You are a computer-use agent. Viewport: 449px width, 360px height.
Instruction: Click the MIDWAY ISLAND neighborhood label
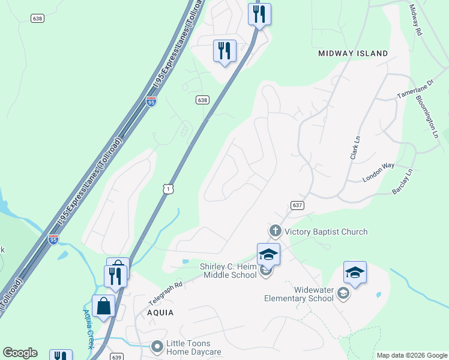click(x=353, y=53)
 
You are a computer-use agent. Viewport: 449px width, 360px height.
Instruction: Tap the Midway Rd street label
click(x=416, y=19)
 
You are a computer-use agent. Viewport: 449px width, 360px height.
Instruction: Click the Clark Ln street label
click(x=354, y=146)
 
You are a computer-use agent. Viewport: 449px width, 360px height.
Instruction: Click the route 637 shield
click(x=297, y=205)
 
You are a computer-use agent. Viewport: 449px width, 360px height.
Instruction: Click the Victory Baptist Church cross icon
click(x=275, y=230)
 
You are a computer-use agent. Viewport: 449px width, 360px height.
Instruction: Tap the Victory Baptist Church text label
click(x=326, y=232)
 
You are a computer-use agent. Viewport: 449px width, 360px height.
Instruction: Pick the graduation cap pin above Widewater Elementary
click(x=355, y=272)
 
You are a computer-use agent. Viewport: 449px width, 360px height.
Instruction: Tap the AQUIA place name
click(x=160, y=313)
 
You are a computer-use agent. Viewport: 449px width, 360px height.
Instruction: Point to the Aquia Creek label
click(x=89, y=329)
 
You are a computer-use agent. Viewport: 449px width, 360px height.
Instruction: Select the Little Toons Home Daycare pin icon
click(x=157, y=347)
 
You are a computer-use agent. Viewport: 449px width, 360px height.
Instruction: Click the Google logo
click(x=20, y=353)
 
